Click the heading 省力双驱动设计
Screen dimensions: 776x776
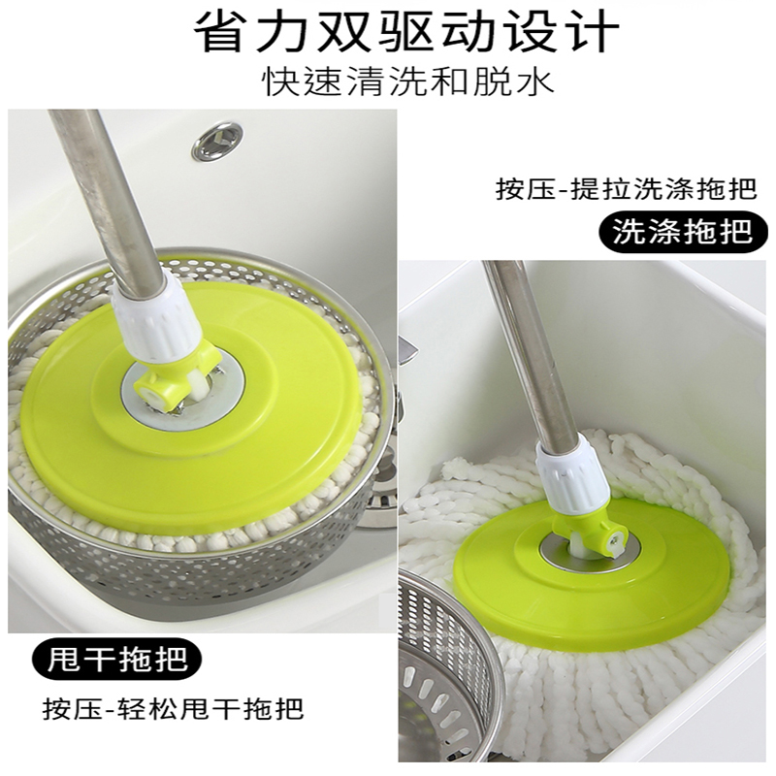[405, 31]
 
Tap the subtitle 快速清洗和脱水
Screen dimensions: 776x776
[407, 81]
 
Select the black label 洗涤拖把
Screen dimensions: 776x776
[683, 231]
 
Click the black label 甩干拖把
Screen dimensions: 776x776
[117, 660]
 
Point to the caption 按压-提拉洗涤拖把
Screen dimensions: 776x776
[626, 188]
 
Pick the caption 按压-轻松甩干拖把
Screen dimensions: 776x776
[173, 709]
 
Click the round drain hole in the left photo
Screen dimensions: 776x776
[216, 141]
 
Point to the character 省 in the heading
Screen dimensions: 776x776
[217, 31]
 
